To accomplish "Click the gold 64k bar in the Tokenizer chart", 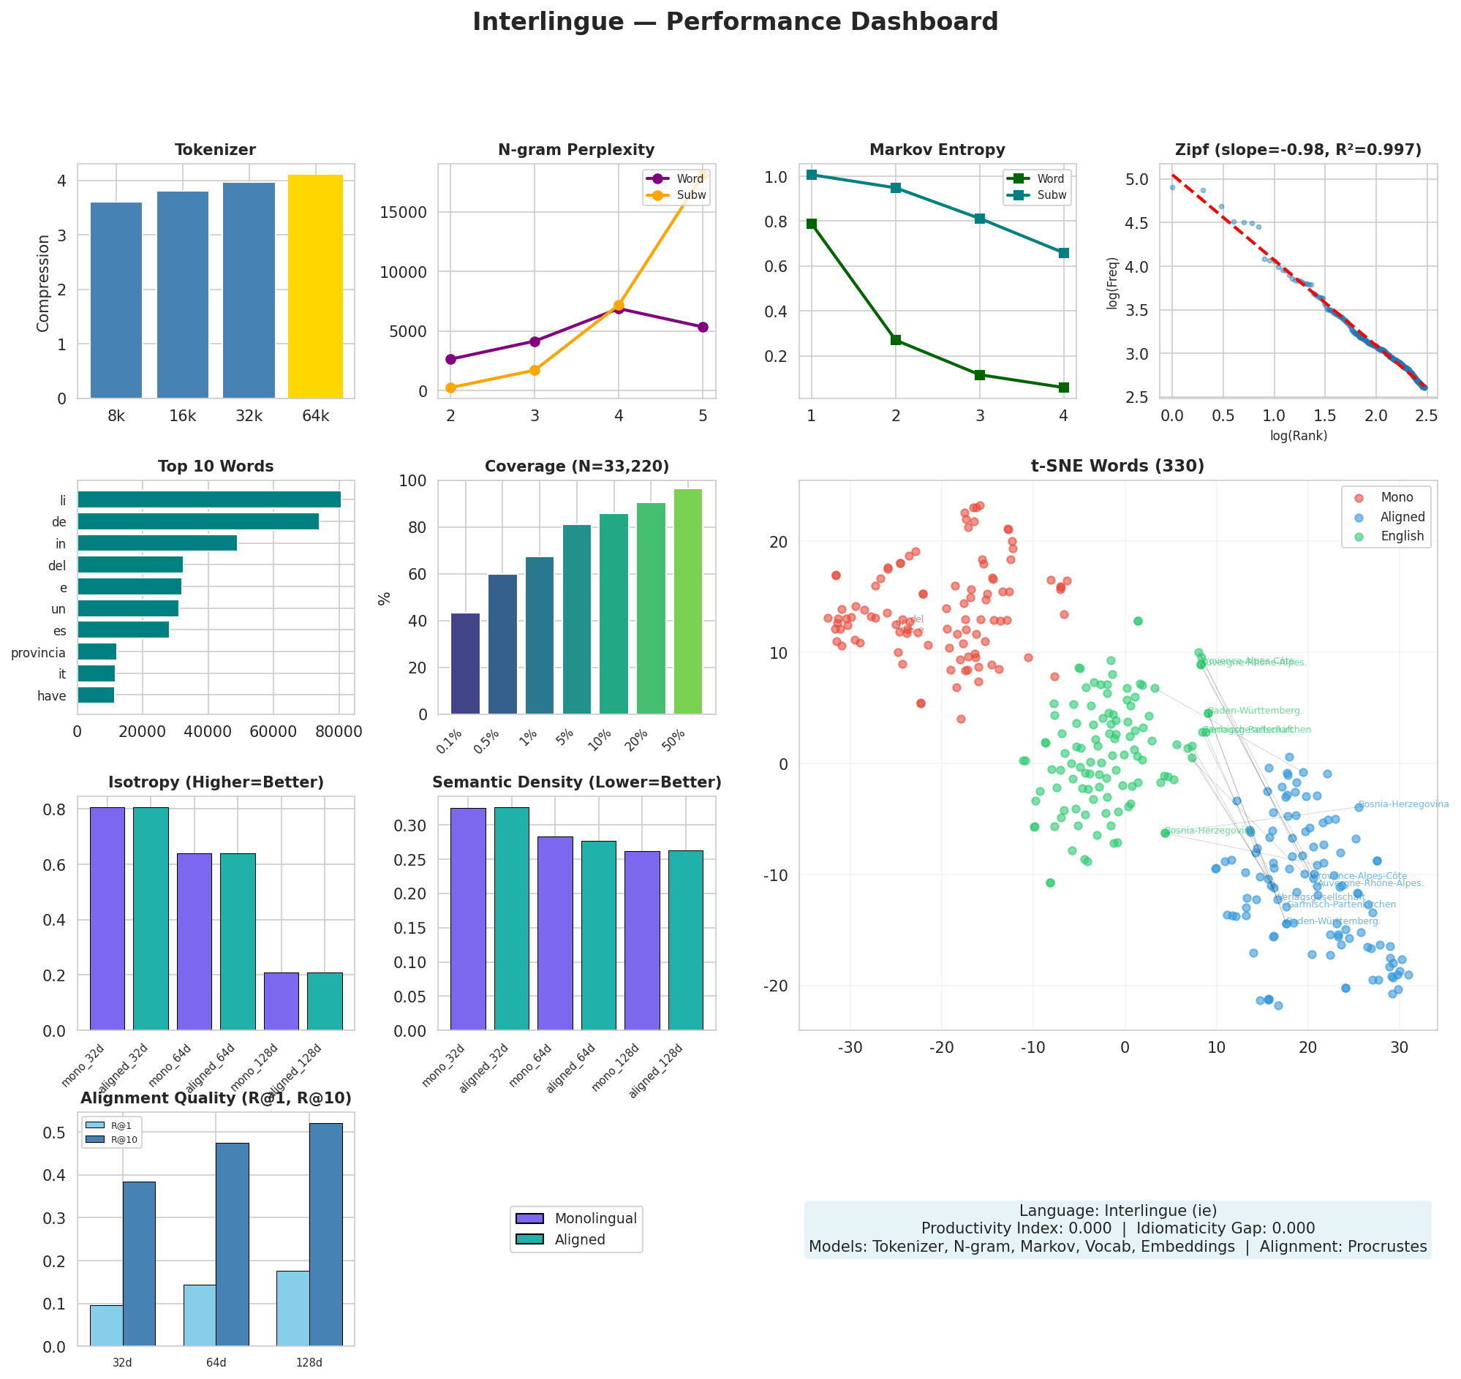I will coord(315,287).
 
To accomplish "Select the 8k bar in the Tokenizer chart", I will coord(116,300).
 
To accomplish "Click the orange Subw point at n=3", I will coord(535,370).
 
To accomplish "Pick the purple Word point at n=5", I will coord(703,327).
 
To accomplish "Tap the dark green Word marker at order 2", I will coord(896,339).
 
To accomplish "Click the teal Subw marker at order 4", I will coord(1063,253).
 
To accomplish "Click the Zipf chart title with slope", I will coord(1298,150).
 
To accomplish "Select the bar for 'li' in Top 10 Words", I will coord(209,500).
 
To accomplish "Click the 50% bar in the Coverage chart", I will coord(687,601).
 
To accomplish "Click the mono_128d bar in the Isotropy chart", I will coord(281,1001).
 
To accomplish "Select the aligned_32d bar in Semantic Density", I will coord(511,919).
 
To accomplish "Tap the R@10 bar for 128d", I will coord(325,1235).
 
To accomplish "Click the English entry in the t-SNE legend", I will coord(1402,537).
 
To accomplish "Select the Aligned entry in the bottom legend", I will coord(579,1240).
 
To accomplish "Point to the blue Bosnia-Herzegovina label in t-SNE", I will coord(1403,804).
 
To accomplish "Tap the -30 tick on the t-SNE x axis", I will coord(850,1048).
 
